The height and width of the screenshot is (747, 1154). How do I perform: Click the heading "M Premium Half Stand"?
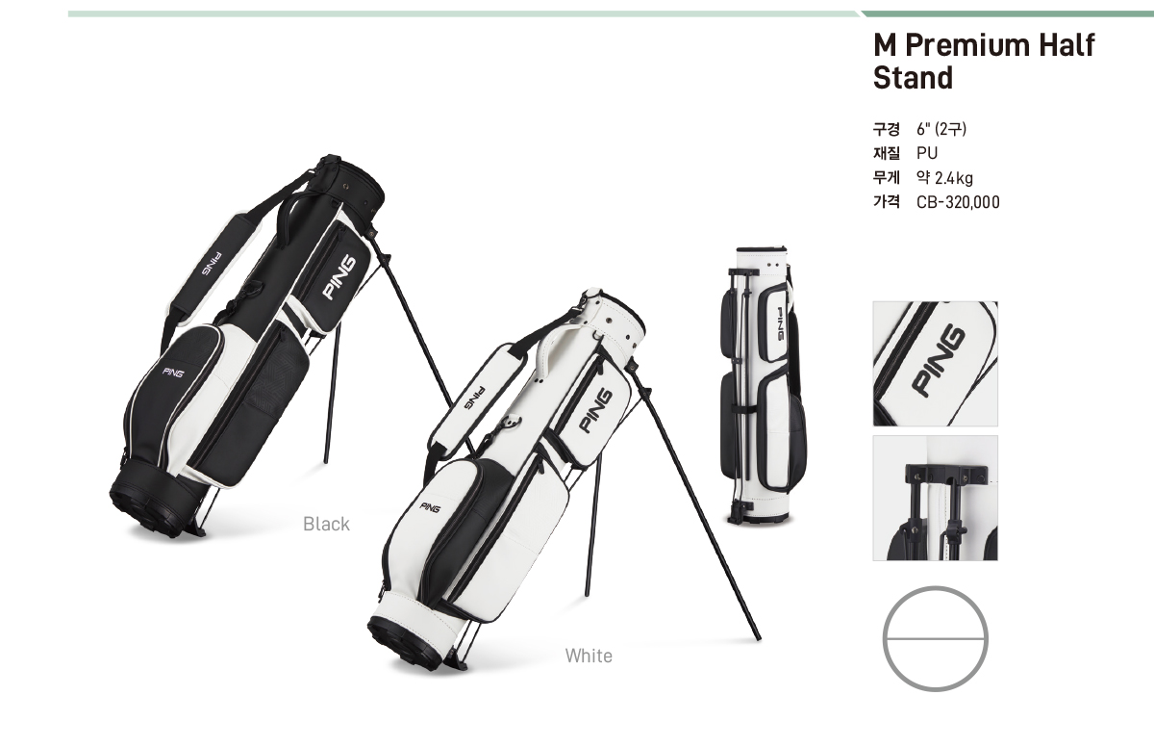984,62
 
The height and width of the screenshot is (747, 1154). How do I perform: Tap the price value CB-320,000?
958,202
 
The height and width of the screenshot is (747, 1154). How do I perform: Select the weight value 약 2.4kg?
944,178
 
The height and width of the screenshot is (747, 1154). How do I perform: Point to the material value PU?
927,154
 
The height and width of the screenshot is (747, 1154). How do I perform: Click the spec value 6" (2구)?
941,129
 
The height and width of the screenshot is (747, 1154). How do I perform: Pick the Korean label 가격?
886,202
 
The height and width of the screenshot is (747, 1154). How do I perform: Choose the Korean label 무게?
886,178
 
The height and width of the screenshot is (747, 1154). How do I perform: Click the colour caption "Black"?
326,524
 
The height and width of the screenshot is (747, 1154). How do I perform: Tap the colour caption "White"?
589,656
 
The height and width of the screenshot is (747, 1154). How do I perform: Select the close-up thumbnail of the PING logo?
935,364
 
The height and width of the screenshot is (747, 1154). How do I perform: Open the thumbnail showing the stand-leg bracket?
935,498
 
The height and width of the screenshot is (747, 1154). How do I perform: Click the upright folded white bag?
763,386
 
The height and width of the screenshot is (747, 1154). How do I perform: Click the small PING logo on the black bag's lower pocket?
172,372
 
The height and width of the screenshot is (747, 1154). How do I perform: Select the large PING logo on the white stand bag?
595,411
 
